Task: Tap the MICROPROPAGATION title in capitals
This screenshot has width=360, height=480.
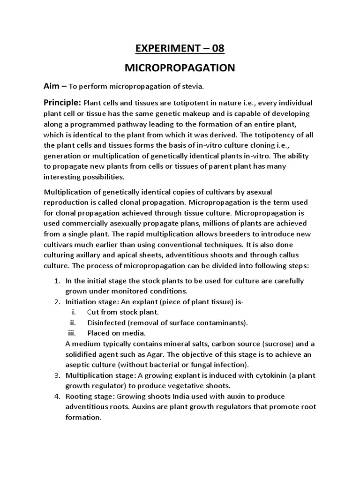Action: pyautogui.click(x=180, y=68)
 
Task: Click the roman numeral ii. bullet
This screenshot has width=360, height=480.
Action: pyautogui.click(x=73, y=322)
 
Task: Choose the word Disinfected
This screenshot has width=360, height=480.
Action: pyautogui.click(x=107, y=322)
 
